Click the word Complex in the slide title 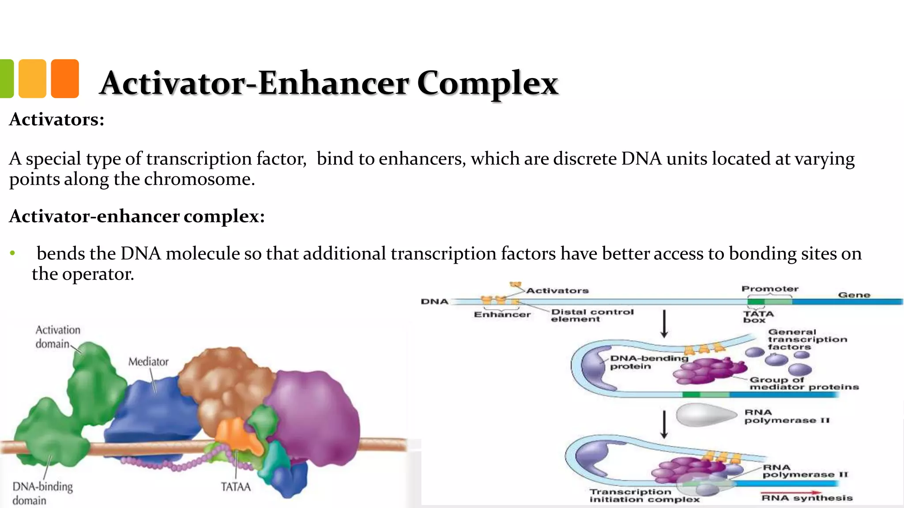487,83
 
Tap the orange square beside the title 65,78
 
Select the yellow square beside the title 32,78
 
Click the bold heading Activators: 56,120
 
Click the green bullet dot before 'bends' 13,253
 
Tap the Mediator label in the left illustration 148,362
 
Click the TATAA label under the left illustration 236,487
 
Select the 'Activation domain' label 58,337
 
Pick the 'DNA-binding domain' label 42,493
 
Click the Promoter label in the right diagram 770,289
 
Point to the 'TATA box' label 758,317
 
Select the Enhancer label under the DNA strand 502,314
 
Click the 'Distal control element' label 592,315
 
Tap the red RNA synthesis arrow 791,493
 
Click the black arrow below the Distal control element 664,324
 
